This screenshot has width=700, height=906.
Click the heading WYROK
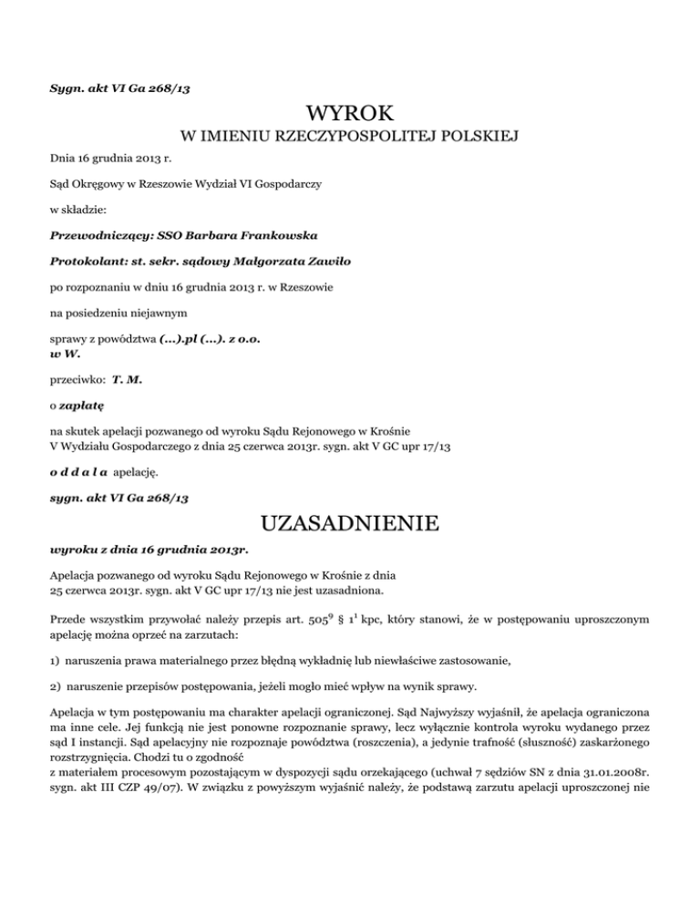pyautogui.click(x=350, y=115)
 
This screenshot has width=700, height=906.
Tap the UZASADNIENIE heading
pyautogui.click(x=350, y=525)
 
